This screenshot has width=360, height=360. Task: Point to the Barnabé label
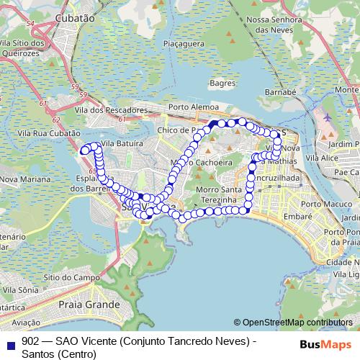281,93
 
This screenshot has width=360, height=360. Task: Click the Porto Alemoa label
193,107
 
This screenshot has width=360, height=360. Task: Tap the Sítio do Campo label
71,276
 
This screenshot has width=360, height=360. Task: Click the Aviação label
26,323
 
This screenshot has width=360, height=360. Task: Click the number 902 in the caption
30,341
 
